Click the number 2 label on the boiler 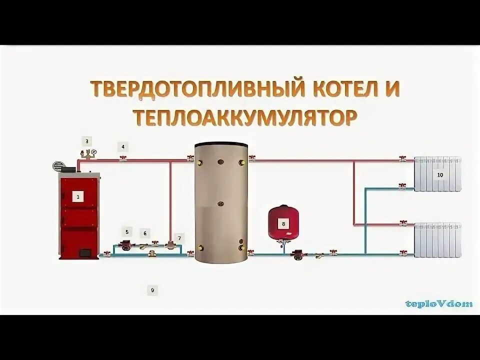point(78,196)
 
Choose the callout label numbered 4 point(122,146)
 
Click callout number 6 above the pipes point(145,233)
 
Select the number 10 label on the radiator point(440,175)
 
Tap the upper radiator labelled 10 point(437,174)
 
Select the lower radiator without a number point(437,240)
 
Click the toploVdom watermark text point(439,303)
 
